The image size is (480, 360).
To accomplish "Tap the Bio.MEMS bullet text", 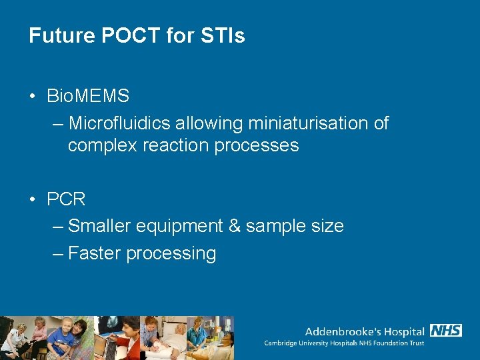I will pos(88,96).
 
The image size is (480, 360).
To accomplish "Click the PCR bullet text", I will pos(66,199).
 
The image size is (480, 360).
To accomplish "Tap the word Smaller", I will pos(99,226).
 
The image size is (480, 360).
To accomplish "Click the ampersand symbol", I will pos(235,226).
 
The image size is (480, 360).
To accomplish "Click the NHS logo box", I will pos(446,330).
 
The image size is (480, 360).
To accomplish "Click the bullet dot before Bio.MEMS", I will pos(33,97).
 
